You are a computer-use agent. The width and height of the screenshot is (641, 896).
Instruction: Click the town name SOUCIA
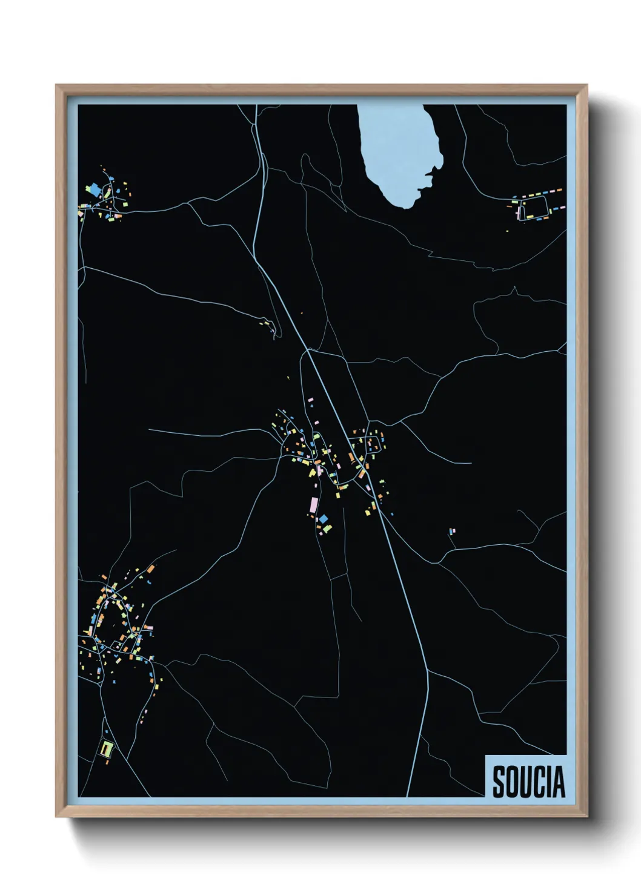(x=528, y=782)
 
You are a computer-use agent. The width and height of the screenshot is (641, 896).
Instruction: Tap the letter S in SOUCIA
(x=499, y=782)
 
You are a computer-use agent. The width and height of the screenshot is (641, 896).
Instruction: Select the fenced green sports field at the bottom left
(x=107, y=749)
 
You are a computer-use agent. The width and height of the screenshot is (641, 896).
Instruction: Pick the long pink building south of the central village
(x=314, y=504)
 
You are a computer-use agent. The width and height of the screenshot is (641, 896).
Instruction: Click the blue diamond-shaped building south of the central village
(x=324, y=519)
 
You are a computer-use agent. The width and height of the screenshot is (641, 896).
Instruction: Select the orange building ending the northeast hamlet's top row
(x=559, y=190)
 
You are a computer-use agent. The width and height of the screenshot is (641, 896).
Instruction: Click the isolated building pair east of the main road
(x=452, y=532)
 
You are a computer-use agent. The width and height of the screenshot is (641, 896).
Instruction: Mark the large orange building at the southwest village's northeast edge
(x=151, y=568)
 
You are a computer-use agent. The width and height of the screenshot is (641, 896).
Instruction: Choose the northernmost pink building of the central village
(x=311, y=400)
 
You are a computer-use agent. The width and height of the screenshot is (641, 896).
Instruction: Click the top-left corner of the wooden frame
(x=56, y=85)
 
